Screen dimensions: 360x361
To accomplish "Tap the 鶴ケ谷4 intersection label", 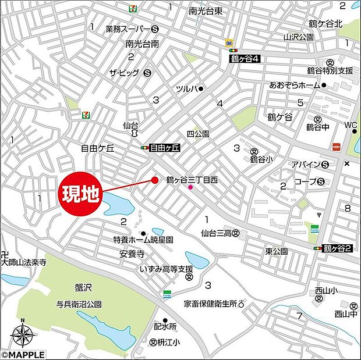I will [x=243, y=58].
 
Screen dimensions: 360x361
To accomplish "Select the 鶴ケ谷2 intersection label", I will [x=338, y=248].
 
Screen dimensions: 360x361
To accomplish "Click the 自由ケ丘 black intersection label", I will [x=164, y=148].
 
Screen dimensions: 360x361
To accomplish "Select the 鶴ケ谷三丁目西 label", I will [x=192, y=180].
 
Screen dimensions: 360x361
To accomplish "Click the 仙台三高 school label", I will [x=217, y=233].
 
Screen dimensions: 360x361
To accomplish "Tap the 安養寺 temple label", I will [x=132, y=253].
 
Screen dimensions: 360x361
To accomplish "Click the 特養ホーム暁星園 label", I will [x=143, y=239].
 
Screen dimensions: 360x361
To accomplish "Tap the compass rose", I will [x=22, y=334].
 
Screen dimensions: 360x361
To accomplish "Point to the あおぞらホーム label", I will [x=295, y=85].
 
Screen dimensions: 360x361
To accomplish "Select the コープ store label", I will [x=305, y=181].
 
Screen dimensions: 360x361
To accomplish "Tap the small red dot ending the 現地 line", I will [x=154, y=180].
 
